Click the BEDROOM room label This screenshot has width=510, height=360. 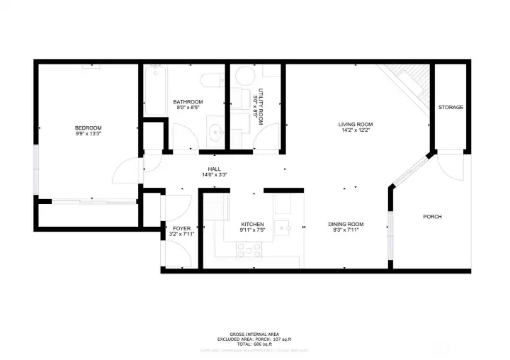coord(89,128)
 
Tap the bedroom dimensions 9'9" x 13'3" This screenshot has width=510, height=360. coord(89,133)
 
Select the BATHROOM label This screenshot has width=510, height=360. coord(188,102)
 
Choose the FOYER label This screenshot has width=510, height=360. coord(182,227)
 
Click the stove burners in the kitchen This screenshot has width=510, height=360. coord(249,249)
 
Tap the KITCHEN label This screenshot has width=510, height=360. coord(252,224)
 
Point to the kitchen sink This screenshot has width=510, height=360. coord(283,228)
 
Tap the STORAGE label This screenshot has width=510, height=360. coord(450,108)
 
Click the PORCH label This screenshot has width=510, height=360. coord(433,217)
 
